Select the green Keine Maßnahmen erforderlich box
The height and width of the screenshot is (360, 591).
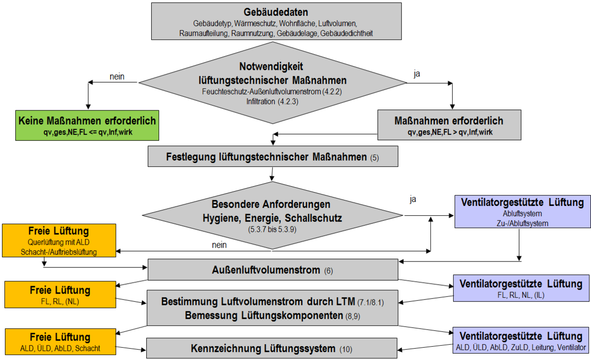(87, 125)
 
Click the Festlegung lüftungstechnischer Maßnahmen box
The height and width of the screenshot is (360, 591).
(272, 157)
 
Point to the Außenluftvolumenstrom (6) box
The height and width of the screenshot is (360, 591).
(272, 270)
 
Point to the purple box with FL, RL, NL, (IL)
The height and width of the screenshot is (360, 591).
(521, 289)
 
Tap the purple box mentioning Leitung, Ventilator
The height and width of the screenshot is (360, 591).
(521, 341)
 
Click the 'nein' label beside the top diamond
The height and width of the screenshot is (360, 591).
(116, 76)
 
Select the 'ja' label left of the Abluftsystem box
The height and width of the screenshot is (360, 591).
(413, 200)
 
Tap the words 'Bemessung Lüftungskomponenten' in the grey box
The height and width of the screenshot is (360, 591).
(263, 316)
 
